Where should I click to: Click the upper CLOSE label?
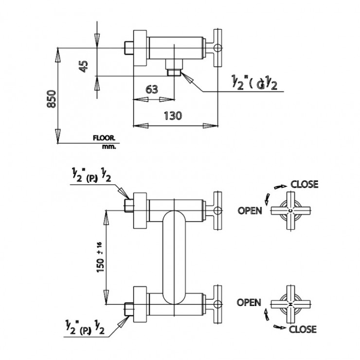click(304, 184)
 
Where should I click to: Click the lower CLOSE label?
click(303, 329)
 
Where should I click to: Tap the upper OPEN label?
click(250, 210)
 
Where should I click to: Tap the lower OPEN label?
click(249, 303)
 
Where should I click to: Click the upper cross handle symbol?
click(290, 210)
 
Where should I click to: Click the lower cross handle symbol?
click(290, 304)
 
